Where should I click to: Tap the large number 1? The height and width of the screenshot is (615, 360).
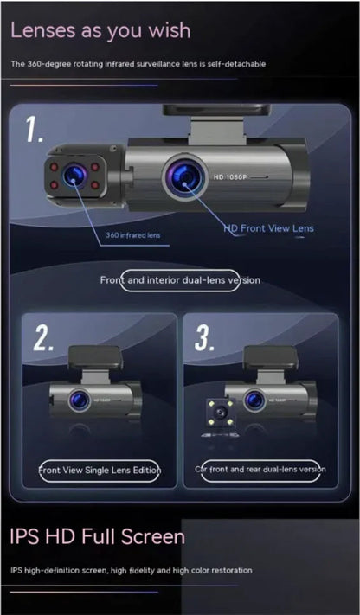35,131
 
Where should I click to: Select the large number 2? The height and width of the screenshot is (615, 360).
43,338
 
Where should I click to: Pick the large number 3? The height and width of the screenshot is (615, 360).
205,338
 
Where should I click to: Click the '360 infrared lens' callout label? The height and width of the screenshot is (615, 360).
132,234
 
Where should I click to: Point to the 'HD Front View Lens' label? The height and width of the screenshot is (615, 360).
269,228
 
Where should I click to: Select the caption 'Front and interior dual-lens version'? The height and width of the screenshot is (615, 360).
179,280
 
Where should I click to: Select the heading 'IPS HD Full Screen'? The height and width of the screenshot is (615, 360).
98,536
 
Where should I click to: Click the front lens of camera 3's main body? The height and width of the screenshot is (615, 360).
254,400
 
